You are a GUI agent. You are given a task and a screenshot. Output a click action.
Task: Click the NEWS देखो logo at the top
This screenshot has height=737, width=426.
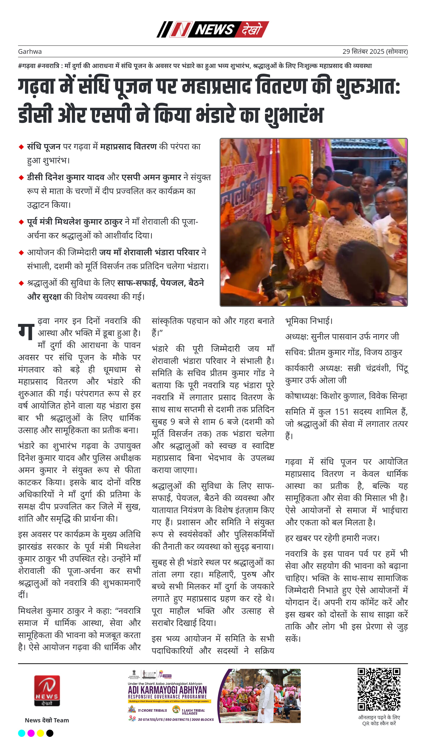[x=213, y=29]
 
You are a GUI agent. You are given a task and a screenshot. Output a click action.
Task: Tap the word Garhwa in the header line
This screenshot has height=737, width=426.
[x=30, y=51]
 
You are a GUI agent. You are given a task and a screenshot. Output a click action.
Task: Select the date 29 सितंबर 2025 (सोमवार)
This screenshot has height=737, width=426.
[x=375, y=51]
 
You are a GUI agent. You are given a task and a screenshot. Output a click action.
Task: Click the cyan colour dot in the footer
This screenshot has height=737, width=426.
[x=22, y=733]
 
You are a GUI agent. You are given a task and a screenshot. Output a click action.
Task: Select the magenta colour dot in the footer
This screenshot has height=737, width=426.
[x=31, y=733]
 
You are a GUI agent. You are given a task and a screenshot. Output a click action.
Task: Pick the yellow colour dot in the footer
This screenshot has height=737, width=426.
[x=40, y=733]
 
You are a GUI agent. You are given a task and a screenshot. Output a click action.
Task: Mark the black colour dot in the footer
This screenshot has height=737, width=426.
[x=50, y=733]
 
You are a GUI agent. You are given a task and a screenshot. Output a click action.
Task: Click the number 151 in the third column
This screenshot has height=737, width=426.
[x=342, y=412]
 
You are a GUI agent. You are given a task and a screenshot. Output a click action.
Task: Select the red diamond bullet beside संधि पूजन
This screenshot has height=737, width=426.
[x=21, y=147]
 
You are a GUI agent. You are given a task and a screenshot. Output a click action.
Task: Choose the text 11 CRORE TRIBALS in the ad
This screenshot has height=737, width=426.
[x=152, y=710]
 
